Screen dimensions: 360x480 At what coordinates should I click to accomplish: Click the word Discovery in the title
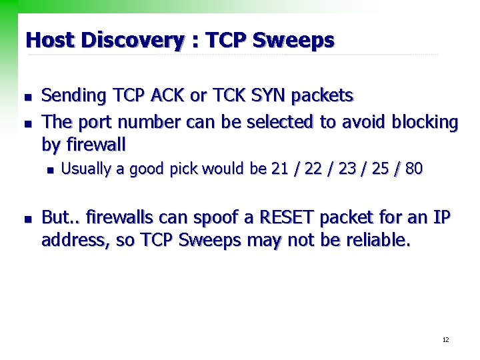tap(131, 41)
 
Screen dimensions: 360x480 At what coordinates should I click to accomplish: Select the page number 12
tap(445, 341)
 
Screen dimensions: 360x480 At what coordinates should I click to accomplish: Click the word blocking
tap(425, 123)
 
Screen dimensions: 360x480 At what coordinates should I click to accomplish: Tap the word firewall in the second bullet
tap(95, 144)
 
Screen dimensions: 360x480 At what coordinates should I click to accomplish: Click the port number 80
tap(414, 169)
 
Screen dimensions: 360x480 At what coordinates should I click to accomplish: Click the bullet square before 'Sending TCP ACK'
tap(27, 98)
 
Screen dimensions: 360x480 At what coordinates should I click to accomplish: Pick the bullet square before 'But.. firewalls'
tap(27, 219)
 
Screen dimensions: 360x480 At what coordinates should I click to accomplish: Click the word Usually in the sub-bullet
tap(86, 169)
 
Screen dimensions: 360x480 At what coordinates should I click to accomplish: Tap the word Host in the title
tap(50, 41)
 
